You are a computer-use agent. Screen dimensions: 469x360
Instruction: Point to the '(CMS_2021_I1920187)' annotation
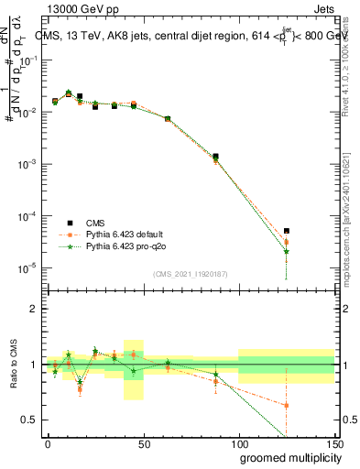click(190, 274)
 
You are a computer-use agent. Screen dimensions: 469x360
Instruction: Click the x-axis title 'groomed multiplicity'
click(284, 457)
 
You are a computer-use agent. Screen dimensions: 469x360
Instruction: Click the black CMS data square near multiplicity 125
click(287, 231)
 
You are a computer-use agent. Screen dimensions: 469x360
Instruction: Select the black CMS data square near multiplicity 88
click(215, 157)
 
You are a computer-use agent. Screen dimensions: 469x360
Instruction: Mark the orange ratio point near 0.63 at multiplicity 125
click(287, 405)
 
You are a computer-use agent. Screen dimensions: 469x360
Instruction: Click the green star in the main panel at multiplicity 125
click(287, 251)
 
